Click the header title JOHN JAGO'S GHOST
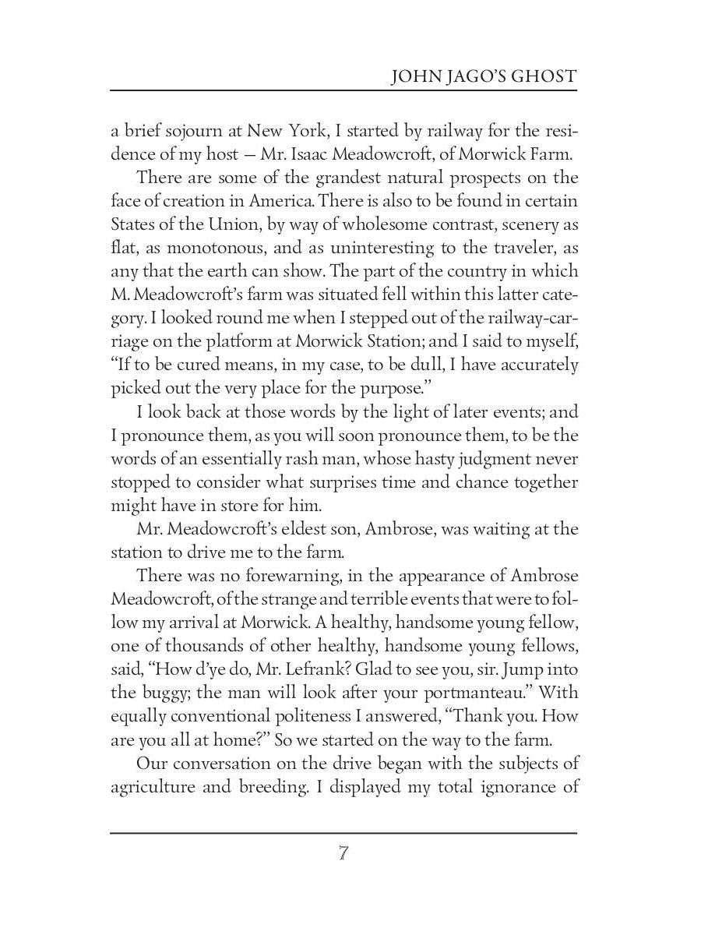(483, 76)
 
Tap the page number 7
(343, 853)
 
